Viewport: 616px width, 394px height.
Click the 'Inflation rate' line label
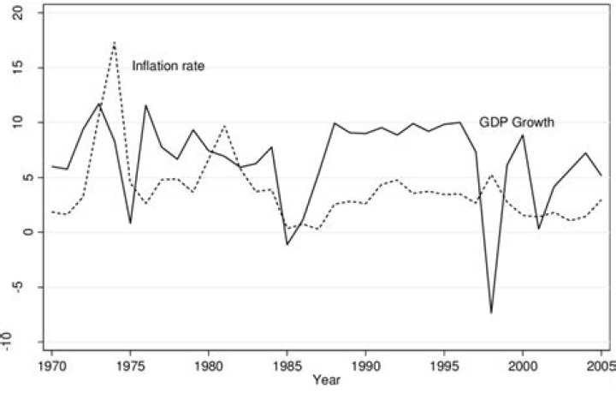(x=168, y=66)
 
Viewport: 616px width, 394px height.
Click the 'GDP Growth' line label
(x=516, y=122)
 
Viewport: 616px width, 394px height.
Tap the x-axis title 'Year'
(x=325, y=379)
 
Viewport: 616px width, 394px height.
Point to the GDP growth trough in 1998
(x=492, y=312)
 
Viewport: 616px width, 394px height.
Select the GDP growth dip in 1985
(x=287, y=244)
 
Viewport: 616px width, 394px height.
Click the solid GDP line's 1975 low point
(x=130, y=223)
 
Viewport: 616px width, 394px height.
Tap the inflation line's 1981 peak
(x=224, y=126)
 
